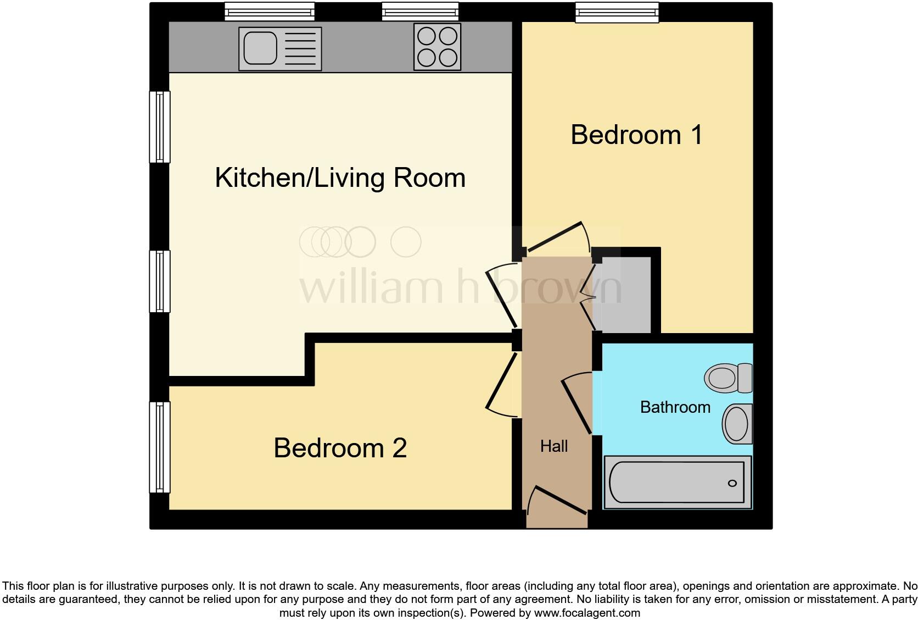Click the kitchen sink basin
coord(260,48)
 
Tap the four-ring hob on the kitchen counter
coord(437,47)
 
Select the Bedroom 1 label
coord(636,135)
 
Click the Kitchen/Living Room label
coord(340,178)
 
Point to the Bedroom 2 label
coord(340,447)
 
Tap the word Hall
coord(553,446)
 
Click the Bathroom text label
coord(675,407)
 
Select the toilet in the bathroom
coord(729,378)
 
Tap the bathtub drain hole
coord(732,483)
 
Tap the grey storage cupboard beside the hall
coord(626,295)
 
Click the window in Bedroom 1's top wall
coord(617,12)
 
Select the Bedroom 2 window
coord(160,447)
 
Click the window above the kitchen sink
coord(270,12)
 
